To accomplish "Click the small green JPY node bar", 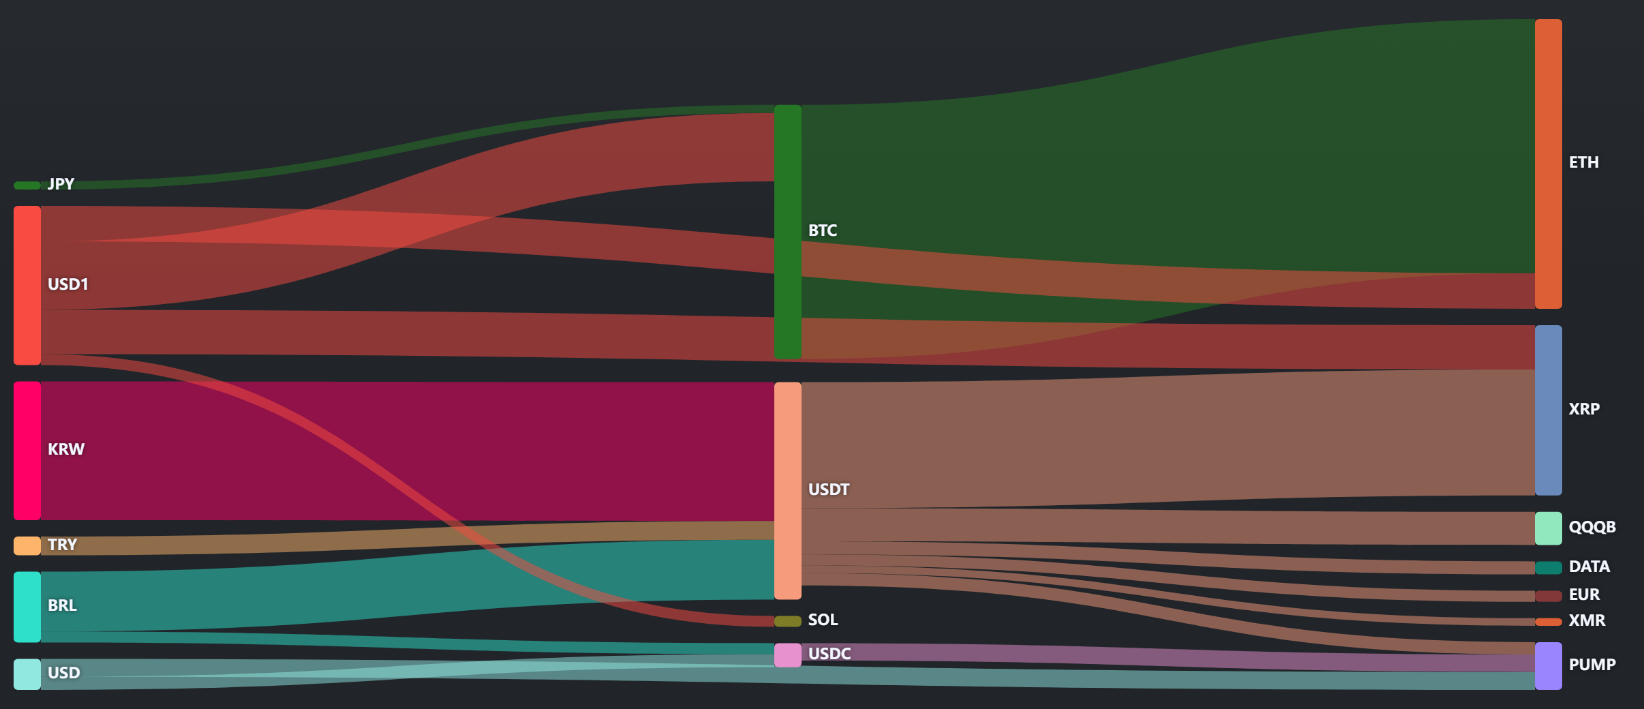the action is click(x=27, y=185).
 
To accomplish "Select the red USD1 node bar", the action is click(x=27, y=285).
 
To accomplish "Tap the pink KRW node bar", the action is click(x=27, y=451).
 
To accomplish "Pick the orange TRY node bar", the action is click(x=27, y=545).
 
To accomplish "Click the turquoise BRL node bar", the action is click(x=27, y=607).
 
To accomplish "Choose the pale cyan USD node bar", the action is click(x=27, y=674).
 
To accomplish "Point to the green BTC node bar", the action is click(x=788, y=232).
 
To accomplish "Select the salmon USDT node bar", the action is click(x=788, y=491).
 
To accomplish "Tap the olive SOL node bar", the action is click(x=788, y=621).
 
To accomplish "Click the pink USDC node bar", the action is click(x=788, y=655).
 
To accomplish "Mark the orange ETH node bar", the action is click(x=1549, y=164).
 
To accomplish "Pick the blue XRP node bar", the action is click(x=1549, y=410).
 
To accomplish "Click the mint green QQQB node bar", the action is click(x=1549, y=528).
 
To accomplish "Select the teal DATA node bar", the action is click(x=1549, y=568).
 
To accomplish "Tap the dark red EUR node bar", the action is click(x=1549, y=596).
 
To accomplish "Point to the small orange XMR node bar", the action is click(x=1549, y=622).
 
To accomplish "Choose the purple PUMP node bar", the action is click(x=1549, y=666).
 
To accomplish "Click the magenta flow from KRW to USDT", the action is click(x=408, y=451).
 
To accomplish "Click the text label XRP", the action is click(x=1584, y=409).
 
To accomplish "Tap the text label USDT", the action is click(x=829, y=489).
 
